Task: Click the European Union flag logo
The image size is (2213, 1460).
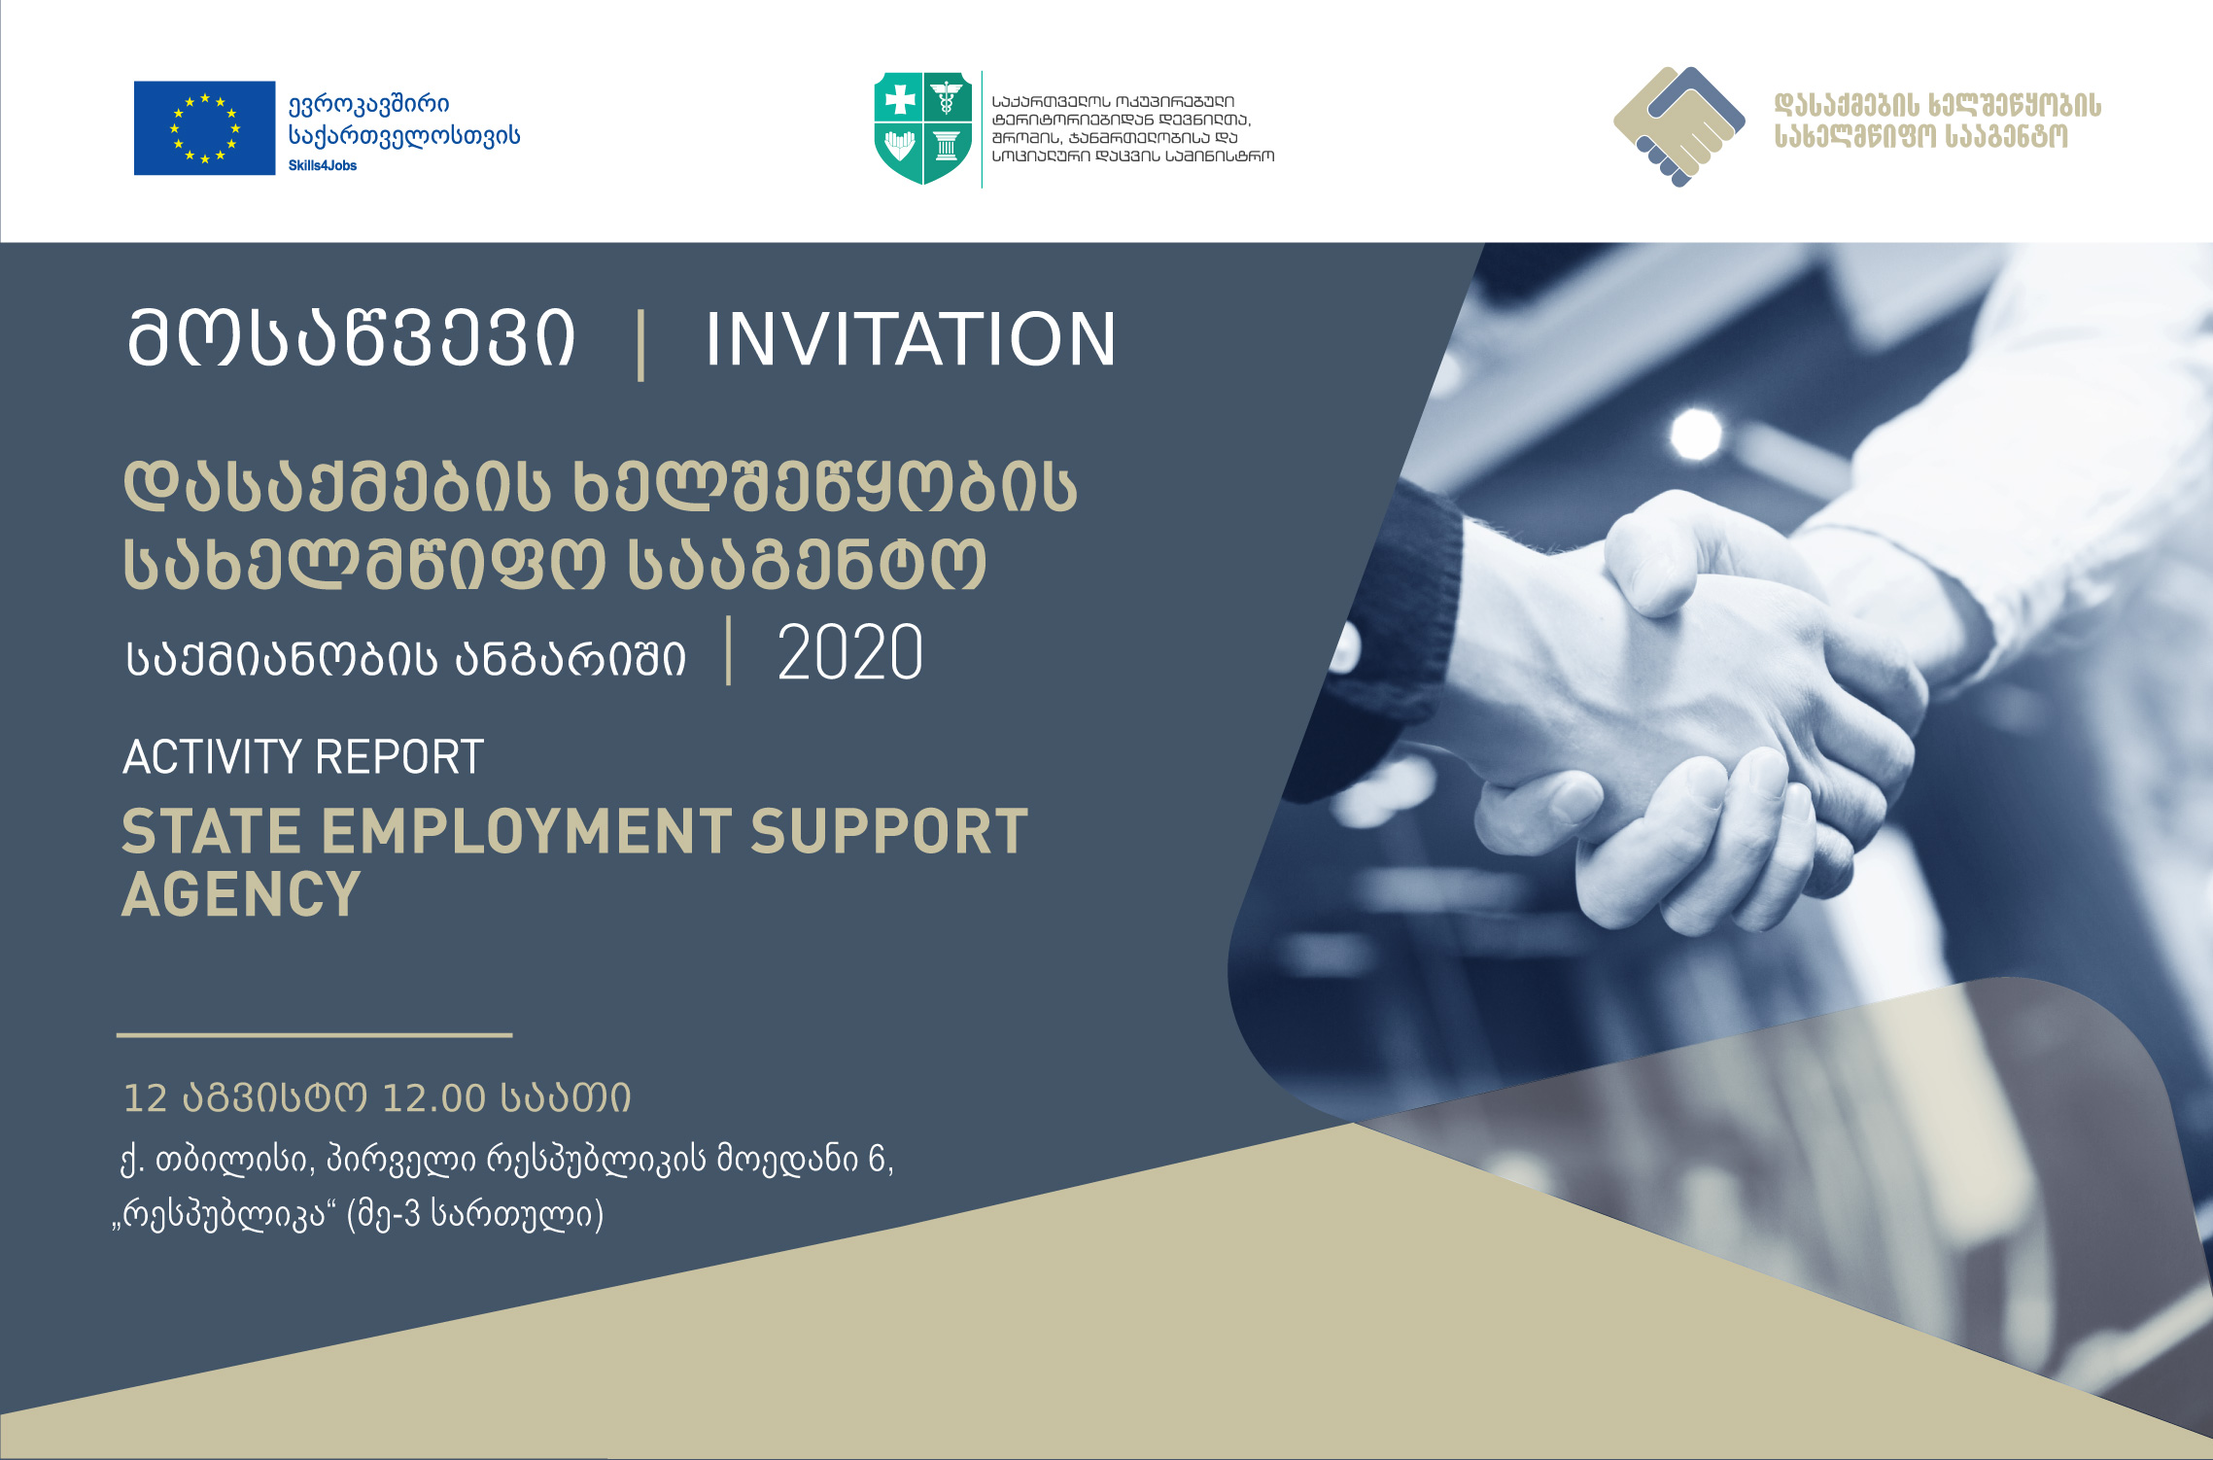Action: pyautogui.click(x=204, y=128)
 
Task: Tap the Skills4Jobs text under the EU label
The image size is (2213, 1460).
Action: pyautogui.click(x=323, y=166)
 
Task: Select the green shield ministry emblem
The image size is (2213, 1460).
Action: pyautogui.click(x=923, y=127)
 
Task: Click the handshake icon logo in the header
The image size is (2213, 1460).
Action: pyautogui.click(x=1679, y=126)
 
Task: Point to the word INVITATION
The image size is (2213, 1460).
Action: pyautogui.click(x=911, y=339)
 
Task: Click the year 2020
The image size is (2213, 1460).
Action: pyautogui.click(x=850, y=652)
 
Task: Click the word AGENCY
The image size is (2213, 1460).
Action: pyautogui.click(x=241, y=894)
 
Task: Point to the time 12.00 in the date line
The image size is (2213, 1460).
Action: pyautogui.click(x=433, y=1098)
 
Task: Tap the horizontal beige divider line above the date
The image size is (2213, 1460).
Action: pyautogui.click(x=314, y=1035)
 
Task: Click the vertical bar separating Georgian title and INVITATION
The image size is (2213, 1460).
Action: pyautogui.click(x=640, y=344)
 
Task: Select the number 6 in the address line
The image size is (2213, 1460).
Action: pyautogui.click(x=877, y=1159)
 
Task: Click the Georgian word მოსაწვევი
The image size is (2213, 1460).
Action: pyautogui.click(x=352, y=339)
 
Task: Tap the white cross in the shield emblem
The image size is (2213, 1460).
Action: pyautogui.click(x=900, y=99)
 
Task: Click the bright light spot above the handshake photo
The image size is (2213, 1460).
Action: pyautogui.click(x=1696, y=431)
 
